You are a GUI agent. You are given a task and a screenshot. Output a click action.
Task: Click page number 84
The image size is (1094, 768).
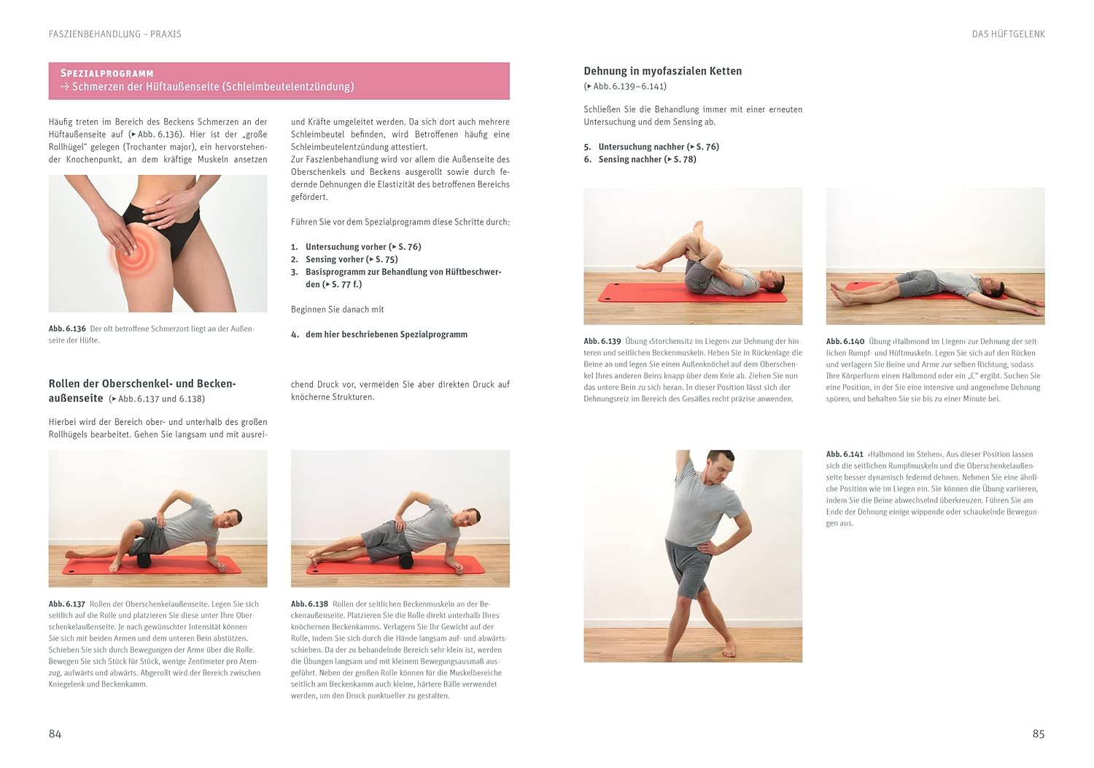pos(55,734)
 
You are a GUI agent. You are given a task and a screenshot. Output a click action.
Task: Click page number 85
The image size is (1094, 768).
pos(1039,734)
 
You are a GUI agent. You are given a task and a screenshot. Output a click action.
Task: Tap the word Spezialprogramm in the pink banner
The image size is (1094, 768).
pos(107,73)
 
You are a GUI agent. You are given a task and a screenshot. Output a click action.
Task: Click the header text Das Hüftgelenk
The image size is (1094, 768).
pos(1008,34)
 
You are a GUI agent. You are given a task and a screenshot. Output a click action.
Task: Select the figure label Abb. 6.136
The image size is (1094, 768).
pos(67,329)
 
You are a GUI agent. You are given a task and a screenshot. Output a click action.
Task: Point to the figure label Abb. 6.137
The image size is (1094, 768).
pos(67,604)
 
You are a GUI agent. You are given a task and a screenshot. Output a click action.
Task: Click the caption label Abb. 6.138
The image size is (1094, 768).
pos(310,604)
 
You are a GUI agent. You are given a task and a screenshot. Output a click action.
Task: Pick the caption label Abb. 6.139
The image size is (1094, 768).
pos(602,342)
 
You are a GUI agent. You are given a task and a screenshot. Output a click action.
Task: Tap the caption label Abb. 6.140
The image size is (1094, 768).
pos(845,342)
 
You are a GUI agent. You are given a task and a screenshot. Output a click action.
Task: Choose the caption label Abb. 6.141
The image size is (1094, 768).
pos(845,454)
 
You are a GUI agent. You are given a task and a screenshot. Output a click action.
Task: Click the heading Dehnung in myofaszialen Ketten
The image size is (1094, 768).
pos(663,71)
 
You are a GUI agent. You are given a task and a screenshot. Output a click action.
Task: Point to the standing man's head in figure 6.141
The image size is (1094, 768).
pos(719,466)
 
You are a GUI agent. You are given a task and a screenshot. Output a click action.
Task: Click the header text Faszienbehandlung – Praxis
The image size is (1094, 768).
pos(115,34)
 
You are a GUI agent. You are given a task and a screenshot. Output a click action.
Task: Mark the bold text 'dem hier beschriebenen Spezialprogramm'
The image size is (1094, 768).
pos(387,334)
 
